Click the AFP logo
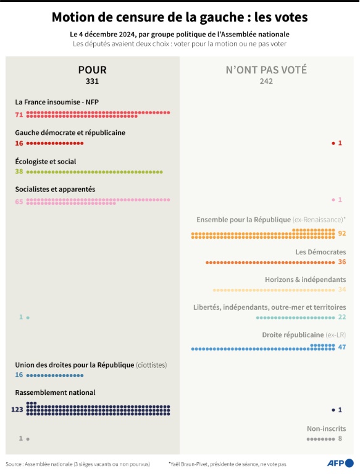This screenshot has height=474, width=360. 340,463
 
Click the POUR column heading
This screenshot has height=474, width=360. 92,70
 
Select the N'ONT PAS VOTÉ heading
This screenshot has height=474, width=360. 266,70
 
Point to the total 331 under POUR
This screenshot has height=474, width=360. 92,81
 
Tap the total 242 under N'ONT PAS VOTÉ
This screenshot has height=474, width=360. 266,81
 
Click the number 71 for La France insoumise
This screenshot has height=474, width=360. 19,115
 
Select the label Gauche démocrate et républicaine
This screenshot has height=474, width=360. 70,132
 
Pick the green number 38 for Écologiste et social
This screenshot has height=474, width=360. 19,172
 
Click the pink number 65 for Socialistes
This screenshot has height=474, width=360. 19,201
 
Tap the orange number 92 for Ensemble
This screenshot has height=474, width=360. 341,233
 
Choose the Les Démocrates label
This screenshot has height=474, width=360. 320,252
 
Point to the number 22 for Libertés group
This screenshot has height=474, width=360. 341,317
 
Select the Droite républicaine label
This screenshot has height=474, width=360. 304,335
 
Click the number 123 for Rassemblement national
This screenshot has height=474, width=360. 17,410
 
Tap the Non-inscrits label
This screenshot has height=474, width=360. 326,428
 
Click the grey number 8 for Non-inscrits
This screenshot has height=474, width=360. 340,439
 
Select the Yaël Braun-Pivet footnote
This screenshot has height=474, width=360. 227,464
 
